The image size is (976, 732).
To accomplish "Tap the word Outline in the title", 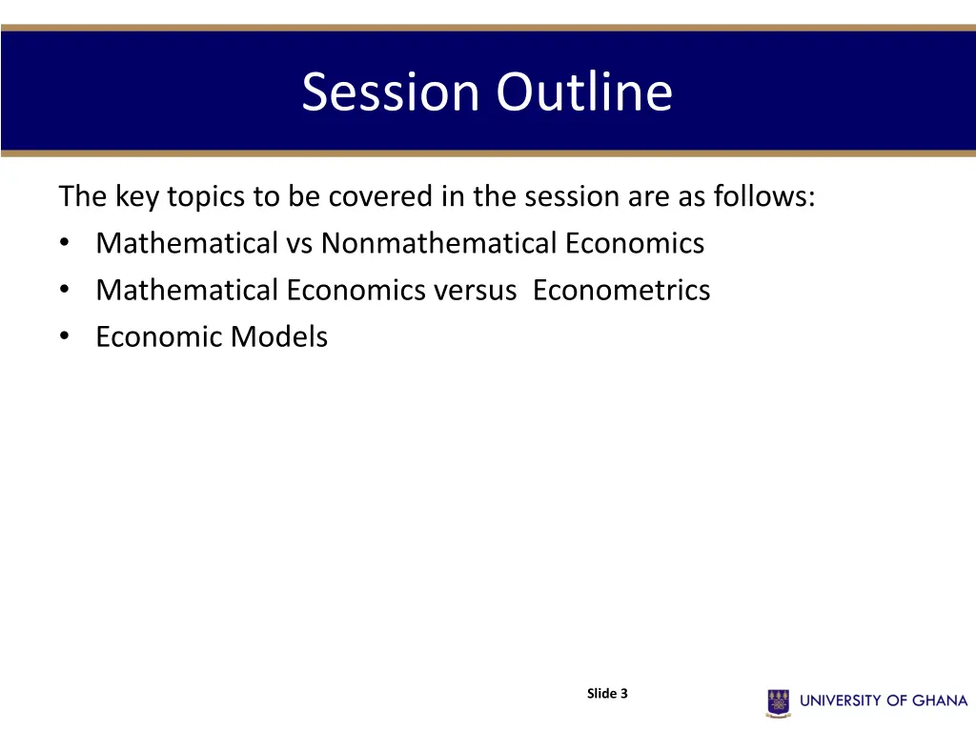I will coord(583,92).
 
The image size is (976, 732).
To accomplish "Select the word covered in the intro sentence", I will coord(380,196).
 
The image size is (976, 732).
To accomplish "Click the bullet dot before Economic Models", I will coord(64,336).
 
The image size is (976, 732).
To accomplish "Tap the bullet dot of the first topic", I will coord(64,243).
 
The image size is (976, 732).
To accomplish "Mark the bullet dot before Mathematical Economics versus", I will coord(64,290).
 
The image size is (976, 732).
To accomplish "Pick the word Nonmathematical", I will coord(439,243).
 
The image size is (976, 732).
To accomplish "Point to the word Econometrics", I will coord(621,290).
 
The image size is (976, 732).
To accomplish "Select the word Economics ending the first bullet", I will coord(634,243).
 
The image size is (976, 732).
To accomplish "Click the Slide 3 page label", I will coord(607,694).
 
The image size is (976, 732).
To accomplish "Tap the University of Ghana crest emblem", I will coord(778,701).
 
